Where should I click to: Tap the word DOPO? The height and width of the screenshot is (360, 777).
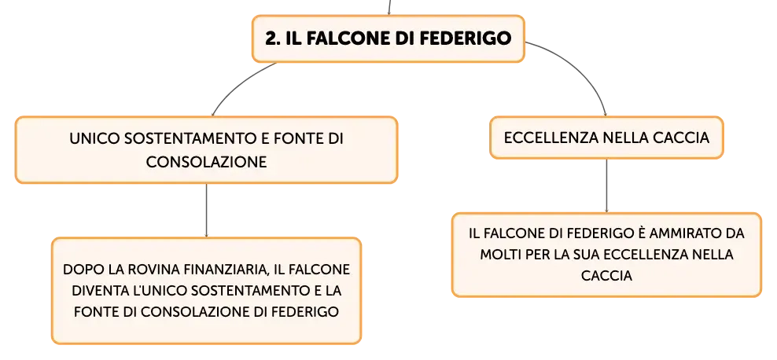coord(79,270)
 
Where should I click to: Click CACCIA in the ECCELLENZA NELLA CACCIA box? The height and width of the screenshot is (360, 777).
coord(685,138)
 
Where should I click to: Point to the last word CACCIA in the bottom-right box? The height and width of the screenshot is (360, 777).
coord(606,276)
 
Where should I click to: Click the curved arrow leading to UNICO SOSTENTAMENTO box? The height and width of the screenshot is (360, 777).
coord(238,84)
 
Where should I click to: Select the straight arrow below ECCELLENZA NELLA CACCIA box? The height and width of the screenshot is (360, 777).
coord(606,186)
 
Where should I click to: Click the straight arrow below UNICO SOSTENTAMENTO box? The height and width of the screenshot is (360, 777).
coord(206,211)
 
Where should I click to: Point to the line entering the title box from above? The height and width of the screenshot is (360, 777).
coord(389,7)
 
